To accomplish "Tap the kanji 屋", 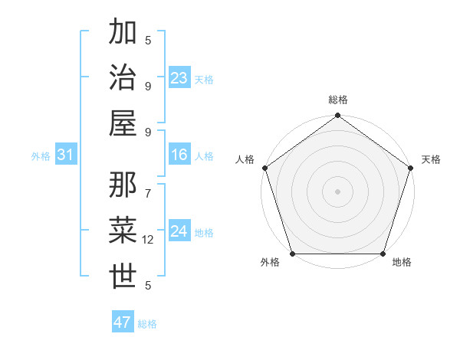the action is (124, 123).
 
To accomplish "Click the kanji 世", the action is (124, 276).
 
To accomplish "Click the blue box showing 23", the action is (179, 78).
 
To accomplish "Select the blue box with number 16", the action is (179, 155).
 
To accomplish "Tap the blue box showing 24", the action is (179, 231).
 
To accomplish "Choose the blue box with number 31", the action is (66, 155).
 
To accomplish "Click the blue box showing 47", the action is (123, 322).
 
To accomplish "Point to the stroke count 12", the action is (149, 240).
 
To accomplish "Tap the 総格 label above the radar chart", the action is (337, 100).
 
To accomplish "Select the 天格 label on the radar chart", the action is (431, 160).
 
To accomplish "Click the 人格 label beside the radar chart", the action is (245, 160).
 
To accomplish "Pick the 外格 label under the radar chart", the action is (270, 263).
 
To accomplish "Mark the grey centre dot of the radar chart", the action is (337, 191).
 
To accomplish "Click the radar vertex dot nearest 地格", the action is (383, 254).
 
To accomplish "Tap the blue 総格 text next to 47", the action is (147, 324).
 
